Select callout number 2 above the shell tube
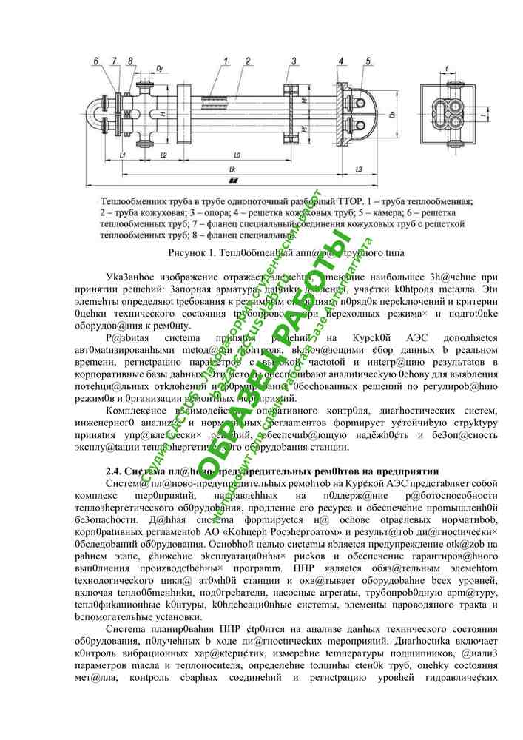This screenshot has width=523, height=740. pos(248,60)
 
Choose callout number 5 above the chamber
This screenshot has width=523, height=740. pos(368,60)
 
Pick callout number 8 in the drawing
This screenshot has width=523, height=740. pos(131,60)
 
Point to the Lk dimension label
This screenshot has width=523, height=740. pos(232,169)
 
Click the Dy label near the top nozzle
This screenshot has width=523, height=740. pos(161,68)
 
